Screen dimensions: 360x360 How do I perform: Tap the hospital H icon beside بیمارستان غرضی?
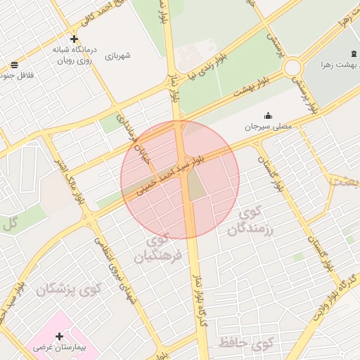click(x=60, y=335)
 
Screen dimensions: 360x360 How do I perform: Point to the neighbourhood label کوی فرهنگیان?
click(x=162, y=249)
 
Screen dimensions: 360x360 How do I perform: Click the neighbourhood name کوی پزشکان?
click(x=71, y=289)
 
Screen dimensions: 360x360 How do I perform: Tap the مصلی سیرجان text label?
click(x=266, y=127)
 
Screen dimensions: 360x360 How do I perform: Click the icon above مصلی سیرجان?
click(x=267, y=116)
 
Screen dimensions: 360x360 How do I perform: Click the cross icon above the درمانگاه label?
click(x=75, y=39)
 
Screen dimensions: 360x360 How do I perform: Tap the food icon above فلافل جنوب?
click(x=14, y=65)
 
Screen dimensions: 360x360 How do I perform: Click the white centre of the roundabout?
click(x=292, y=67)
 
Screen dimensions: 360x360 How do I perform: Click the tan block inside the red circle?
click(x=196, y=184)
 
